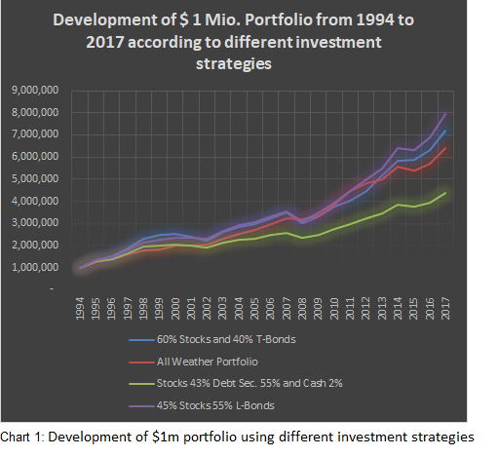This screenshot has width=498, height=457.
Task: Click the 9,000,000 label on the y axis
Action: [x=35, y=90]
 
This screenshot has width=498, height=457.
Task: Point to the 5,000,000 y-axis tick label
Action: [x=35, y=178]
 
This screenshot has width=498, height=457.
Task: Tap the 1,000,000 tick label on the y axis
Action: [x=35, y=267]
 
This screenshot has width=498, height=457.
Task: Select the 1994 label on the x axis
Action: [x=80, y=309]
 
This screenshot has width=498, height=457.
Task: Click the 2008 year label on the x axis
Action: [x=302, y=309]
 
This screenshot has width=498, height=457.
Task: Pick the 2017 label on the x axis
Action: [x=445, y=309]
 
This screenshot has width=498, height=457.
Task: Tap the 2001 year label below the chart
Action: [x=191, y=309]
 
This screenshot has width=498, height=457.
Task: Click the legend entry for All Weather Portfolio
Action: [x=193, y=362]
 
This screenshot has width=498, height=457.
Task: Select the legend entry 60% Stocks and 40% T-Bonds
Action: [x=212, y=339]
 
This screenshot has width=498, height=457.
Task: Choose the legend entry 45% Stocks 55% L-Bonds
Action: [x=202, y=405]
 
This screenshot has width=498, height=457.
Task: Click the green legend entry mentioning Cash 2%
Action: [x=236, y=384]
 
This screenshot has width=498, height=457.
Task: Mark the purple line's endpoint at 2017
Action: [x=445, y=114]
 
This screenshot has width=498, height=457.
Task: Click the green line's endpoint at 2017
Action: [x=445, y=193]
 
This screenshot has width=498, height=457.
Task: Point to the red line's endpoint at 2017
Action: [x=445, y=148]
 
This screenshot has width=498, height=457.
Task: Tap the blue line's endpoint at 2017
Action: [x=445, y=131]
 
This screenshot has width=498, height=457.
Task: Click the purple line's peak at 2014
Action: [x=398, y=148]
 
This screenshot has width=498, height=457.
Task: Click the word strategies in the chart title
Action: [x=234, y=64]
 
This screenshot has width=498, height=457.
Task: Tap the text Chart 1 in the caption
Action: [x=21, y=438]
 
